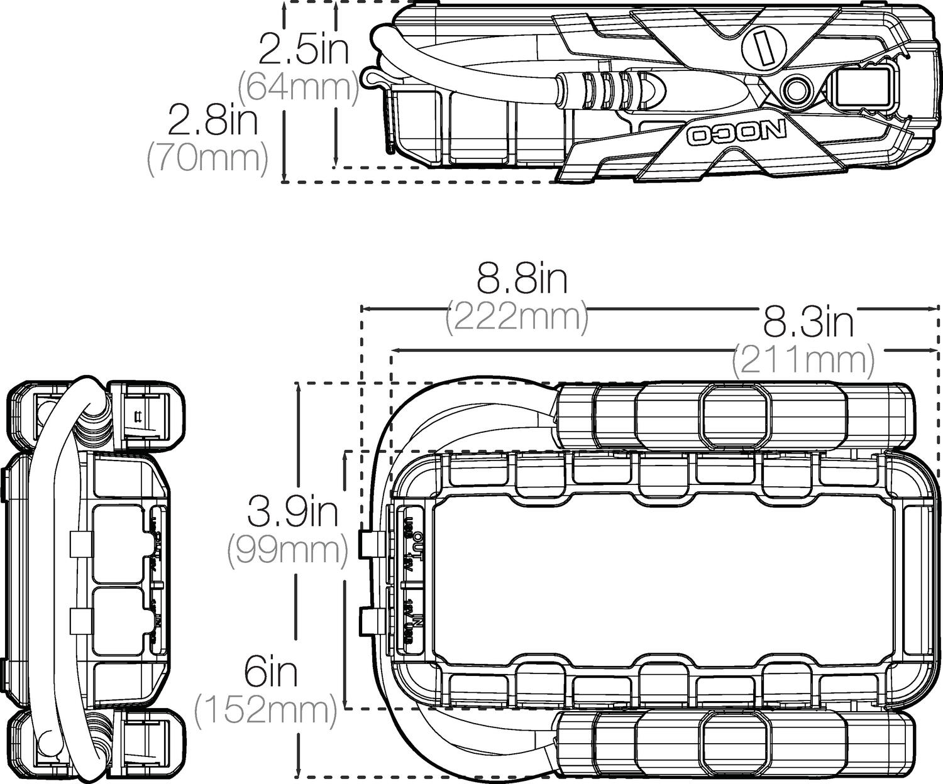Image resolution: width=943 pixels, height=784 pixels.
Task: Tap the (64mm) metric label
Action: click(298, 88)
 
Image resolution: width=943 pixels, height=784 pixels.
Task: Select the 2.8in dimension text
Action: click(212, 122)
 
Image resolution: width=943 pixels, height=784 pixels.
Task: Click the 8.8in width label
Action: click(522, 280)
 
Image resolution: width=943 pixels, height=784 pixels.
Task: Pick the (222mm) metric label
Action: click(517, 318)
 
